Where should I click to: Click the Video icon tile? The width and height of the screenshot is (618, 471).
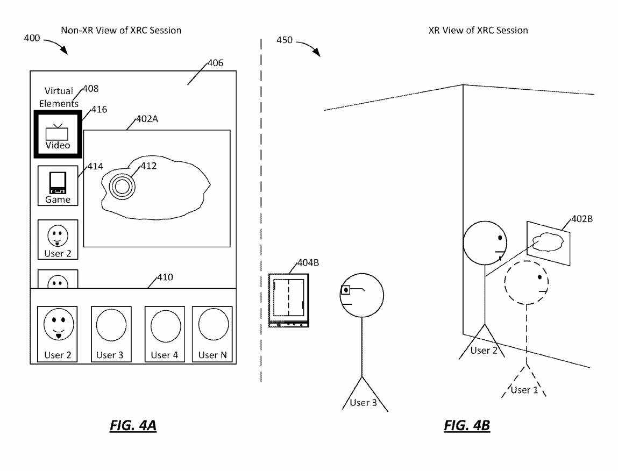point(58,134)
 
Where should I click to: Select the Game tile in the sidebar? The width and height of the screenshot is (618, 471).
point(58,185)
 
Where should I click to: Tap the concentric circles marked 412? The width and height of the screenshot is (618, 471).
point(122,187)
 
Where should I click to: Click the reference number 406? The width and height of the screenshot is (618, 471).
point(215,63)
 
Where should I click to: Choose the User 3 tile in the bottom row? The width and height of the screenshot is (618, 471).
point(111,333)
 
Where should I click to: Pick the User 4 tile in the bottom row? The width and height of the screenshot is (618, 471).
point(165,333)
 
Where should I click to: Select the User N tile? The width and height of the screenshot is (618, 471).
point(212,333)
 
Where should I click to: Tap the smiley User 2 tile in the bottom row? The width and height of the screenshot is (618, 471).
point(58,333)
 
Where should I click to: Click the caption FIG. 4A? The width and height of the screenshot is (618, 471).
point(133,426)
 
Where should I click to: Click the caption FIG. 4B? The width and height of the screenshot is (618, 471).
point(467,426)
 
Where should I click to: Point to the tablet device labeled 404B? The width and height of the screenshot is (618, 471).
point(289,300)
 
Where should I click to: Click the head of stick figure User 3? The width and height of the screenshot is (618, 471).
point(361,295)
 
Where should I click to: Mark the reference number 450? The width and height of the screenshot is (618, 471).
point(285,40)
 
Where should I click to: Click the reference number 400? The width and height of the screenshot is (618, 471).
point(32,38)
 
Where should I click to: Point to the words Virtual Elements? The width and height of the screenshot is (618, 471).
point(59,97)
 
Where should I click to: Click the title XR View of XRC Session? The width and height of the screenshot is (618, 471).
point(478,31)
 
